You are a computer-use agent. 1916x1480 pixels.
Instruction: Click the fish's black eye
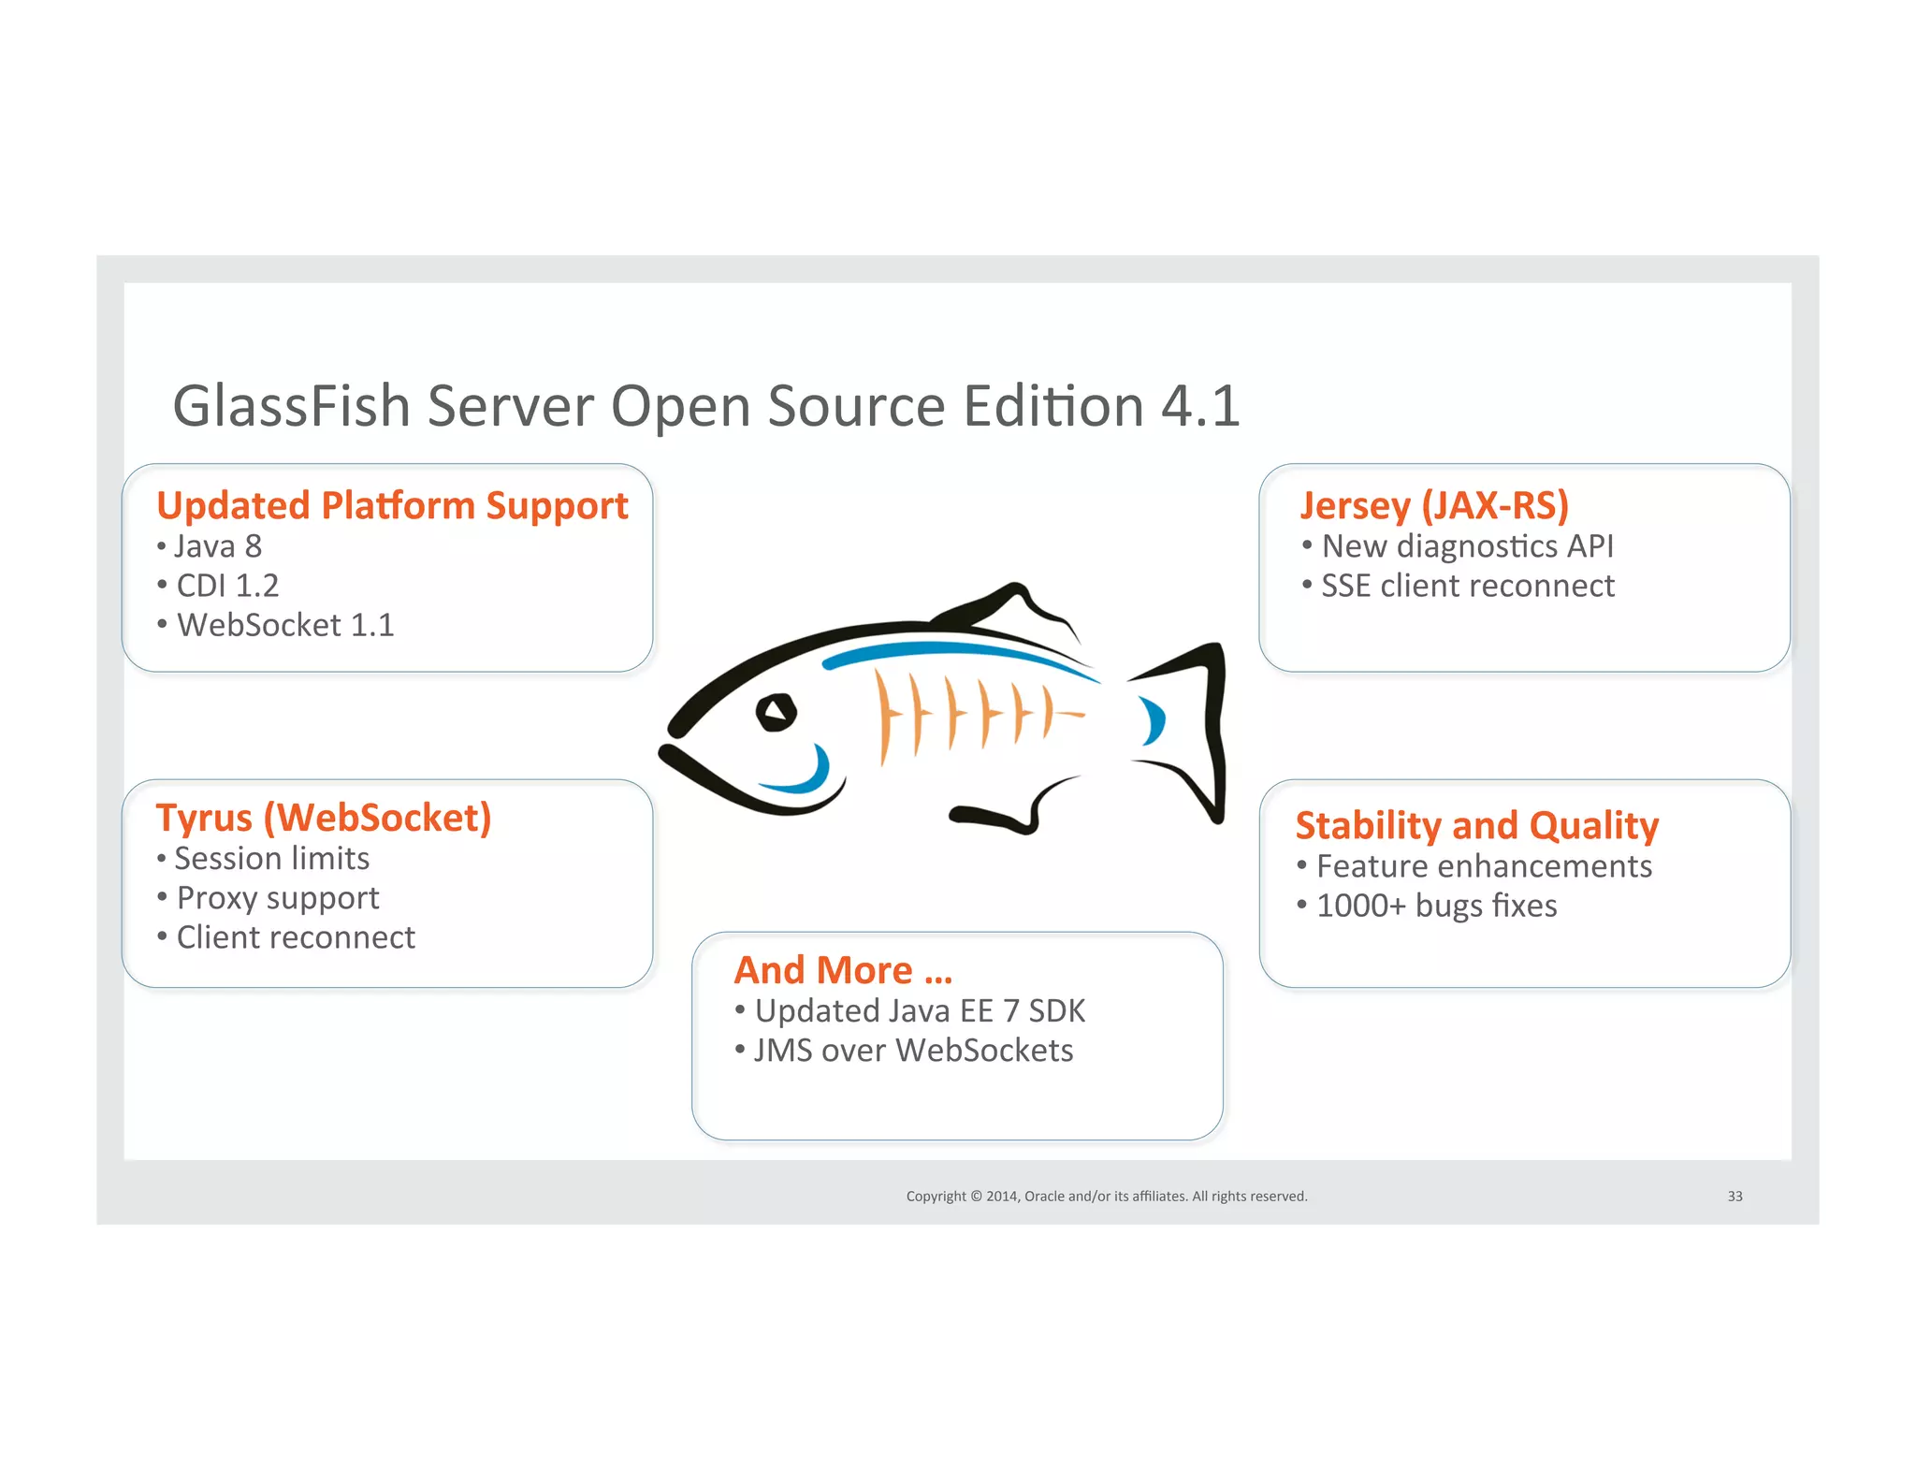click(776, 713)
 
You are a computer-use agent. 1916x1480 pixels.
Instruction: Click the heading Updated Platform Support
click(392, 506)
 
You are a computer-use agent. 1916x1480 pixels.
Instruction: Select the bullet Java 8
click(217, 546)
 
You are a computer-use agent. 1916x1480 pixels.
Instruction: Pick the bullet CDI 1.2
click(227, 586)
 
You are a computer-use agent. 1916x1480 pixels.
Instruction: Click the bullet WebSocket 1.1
click(285, 625)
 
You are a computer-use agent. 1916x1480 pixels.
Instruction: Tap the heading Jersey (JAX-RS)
click(1433, 506)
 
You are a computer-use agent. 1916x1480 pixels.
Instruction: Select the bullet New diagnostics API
click(1467, 546)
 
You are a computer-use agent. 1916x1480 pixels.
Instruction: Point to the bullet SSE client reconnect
click(1467, 586)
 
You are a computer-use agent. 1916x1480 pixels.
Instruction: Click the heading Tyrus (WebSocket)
click(324, 819)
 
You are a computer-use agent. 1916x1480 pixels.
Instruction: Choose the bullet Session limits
click(271, 859)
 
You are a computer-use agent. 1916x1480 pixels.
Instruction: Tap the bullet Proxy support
click(277, 898)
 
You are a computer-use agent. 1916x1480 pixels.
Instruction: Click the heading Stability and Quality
click(1476, 826)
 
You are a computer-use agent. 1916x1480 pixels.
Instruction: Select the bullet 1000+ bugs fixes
click(1436, 906)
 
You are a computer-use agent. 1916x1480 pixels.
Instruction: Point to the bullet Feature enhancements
click(1484, 866)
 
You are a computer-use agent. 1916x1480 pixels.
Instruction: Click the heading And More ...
click(843, 971)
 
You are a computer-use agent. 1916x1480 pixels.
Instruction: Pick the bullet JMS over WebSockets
click(913, 1051)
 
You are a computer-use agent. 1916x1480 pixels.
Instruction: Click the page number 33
click(1735, 1197)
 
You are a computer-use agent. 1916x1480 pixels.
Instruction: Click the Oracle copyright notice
click(1106, 1197)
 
